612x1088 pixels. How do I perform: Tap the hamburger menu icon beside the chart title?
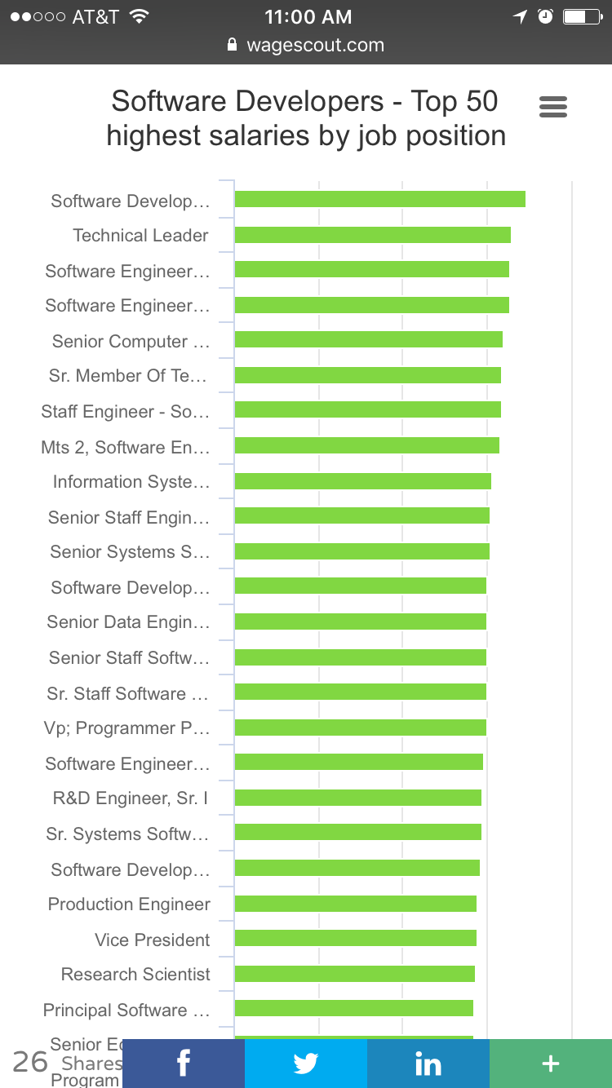(553, 107)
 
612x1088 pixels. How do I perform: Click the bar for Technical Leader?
(372, 235)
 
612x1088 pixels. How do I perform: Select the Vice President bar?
(355, 939)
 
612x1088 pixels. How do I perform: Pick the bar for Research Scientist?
(354, 974)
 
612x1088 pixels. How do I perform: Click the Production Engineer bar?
(355, 904)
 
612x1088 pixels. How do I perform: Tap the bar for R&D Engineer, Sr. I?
(357, 798)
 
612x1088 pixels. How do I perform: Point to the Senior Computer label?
(131, 341)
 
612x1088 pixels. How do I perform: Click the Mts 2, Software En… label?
(125, 447)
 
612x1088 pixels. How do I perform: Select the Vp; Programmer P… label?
(126, 728)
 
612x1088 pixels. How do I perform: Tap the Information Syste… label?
(131, 481)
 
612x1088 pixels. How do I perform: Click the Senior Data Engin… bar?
(360, 621)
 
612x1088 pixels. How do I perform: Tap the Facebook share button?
(184, 1064)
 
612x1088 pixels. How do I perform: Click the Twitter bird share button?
(306, 1064)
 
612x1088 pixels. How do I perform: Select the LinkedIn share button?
(428, 1064)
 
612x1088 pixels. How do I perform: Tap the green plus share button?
(551, 1064)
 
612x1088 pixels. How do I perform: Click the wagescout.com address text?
(315, 46)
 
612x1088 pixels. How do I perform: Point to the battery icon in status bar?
(582, 16)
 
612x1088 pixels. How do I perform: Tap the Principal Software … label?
(126, 1010)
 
